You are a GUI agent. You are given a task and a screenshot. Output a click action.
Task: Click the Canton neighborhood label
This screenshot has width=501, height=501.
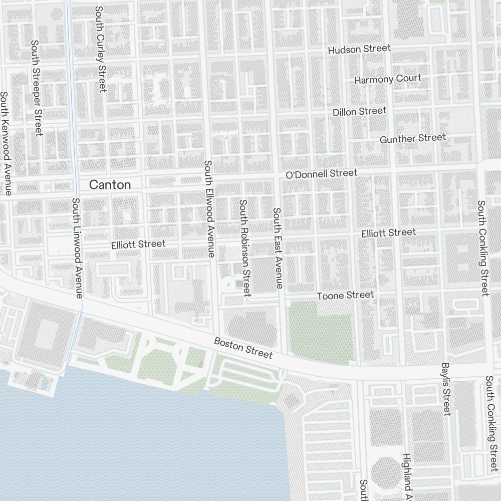[110, 185]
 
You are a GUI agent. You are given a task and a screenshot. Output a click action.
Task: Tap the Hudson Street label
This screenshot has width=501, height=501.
[359, 49]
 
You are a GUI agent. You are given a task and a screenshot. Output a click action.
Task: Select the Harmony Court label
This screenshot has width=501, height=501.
[387, 79]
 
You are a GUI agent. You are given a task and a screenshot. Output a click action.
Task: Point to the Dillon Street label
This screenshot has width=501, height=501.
[359, 111]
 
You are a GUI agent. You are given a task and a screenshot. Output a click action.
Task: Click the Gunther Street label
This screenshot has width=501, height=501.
[412, 138]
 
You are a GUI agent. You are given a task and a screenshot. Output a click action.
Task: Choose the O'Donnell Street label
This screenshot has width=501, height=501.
[321, 174]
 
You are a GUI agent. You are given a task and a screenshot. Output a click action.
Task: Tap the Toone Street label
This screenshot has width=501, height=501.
[345, 295]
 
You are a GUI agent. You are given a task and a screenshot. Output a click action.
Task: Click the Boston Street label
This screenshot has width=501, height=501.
[243, 348]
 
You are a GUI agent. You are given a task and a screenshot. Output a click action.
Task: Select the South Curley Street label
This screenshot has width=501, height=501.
[100, 49]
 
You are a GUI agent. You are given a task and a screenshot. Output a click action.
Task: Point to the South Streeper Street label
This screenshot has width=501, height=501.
[36, 88]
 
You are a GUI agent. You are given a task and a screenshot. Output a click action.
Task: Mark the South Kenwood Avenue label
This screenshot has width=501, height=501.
[5, 143]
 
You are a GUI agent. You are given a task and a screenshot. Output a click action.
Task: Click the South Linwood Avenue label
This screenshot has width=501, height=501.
[77, 248]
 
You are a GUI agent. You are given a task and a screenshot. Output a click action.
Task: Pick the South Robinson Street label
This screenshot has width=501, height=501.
[244, 248]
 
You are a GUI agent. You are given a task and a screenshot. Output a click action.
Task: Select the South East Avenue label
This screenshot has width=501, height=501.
[277, 248]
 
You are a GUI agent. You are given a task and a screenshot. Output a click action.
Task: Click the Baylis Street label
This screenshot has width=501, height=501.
[446, 389]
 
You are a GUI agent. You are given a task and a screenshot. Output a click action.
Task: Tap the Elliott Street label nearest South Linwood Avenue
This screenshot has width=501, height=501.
[138, 244]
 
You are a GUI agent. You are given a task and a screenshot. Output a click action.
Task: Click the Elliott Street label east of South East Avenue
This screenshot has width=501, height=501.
[388, 233]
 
